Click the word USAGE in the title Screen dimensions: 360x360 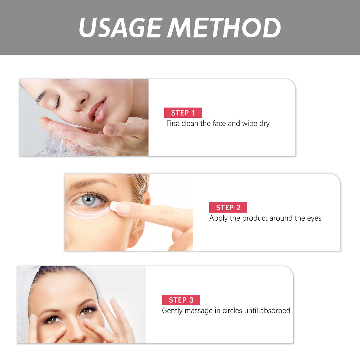[120, 28]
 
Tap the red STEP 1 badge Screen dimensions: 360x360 [183, 113]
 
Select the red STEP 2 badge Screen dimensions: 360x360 [228, 208]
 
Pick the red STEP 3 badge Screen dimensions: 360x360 [181, 300]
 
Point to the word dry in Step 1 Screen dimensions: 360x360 [264, 124]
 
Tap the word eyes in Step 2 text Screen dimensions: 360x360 [314, 219]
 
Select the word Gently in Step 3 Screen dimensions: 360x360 [172, 311]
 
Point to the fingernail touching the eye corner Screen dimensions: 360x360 [120, 208]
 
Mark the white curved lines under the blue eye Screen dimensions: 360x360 [89, 213]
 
